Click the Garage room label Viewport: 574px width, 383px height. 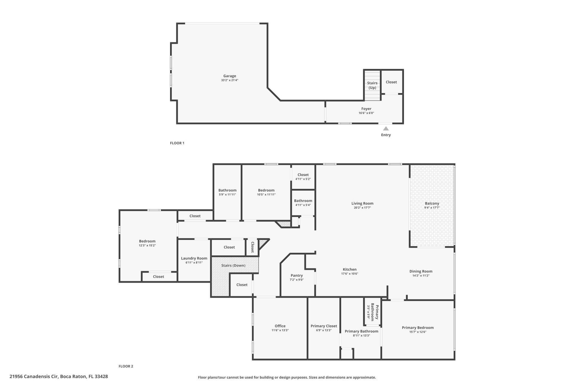click(230, 76)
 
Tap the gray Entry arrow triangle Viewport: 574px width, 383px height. click(386, 129)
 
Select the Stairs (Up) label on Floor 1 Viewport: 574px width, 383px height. click(372, 85)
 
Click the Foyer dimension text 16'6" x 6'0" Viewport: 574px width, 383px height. click(366, 113)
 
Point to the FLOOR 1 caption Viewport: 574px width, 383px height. click(177, 143)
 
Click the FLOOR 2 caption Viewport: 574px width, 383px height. click(126, 366)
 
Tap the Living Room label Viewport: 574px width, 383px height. click(362, 203)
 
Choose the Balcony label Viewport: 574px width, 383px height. click(432, 203)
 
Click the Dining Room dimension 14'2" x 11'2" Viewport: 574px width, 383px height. click(421, 276)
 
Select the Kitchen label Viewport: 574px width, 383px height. click(349, 269)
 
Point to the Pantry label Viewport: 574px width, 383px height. click(297, 276)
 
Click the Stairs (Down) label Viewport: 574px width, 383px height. click(233, 265)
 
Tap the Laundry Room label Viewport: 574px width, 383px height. click(194, 258)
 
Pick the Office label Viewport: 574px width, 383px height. click(280, 326)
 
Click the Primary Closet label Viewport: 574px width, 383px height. click(324, 326)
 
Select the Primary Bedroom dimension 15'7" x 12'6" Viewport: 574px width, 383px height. click(418, 332)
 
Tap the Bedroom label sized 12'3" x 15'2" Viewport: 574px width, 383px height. click(147, 241)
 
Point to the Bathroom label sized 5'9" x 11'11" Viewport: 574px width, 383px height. click(227, 190)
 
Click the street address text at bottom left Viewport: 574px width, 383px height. click(59, 376)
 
